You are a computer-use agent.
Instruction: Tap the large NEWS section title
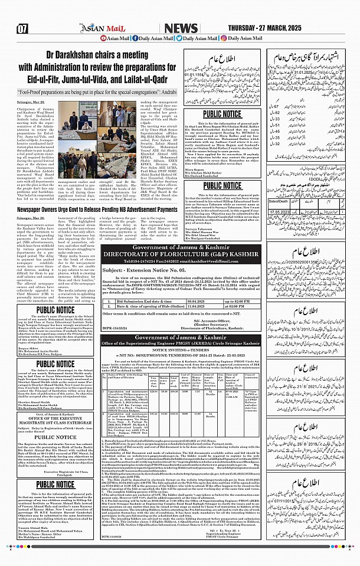point(181,28)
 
